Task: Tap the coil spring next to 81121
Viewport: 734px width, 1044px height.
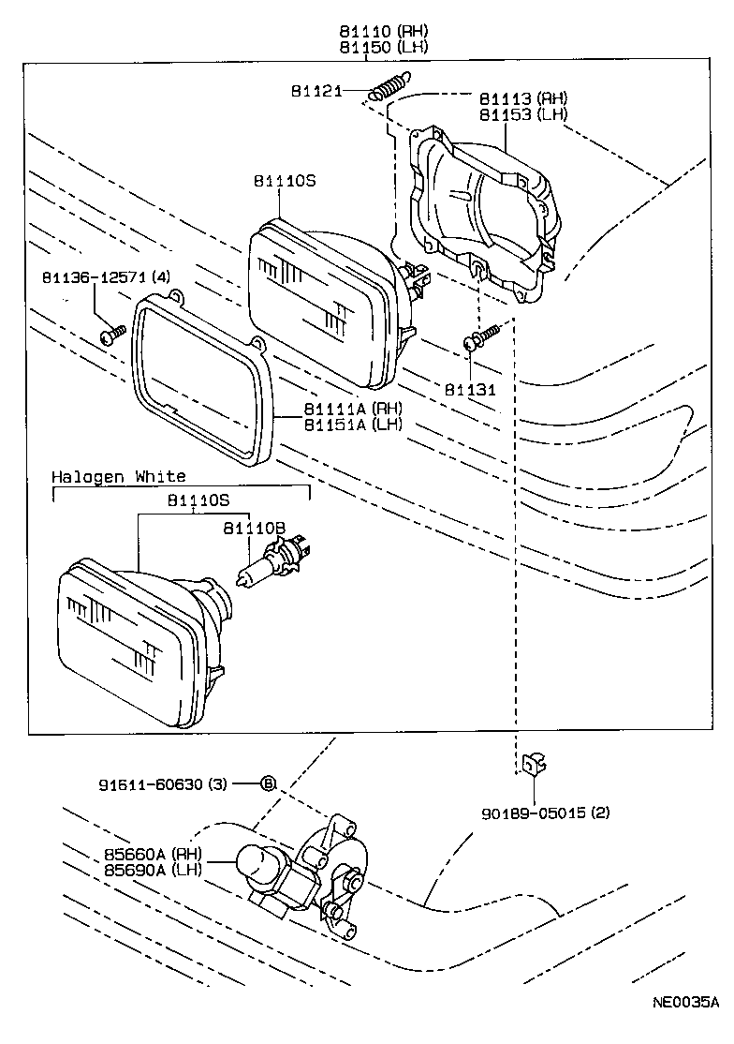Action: (389, 87)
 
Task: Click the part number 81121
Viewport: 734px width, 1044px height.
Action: (315, 91)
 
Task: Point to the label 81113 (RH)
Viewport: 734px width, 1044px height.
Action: (523, 98)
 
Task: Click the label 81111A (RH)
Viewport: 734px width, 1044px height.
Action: (352, 409)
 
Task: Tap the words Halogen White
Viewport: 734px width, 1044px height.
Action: (119, 477)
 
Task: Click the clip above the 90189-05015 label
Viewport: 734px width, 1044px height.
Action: (533, 766)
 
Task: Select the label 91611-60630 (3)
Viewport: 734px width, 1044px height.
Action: (162, 783)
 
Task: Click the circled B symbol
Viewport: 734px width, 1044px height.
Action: (267, 783)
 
